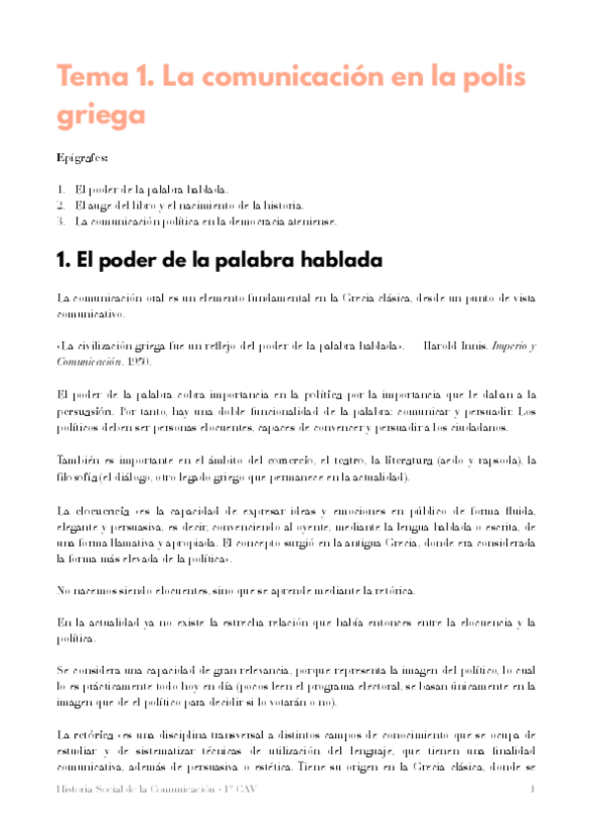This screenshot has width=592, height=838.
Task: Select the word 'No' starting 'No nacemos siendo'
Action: (64, 591)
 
